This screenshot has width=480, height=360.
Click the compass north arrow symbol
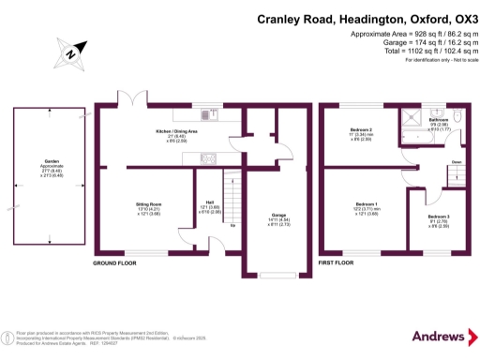pyautogui.click(x=71, y=54)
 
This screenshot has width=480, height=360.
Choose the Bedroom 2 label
pyautogui.click(x=361, y=129)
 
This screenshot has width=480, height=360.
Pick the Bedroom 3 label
pyautogui.click(x=439, y=217)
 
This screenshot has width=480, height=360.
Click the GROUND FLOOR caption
pyautogui.click(x=115, y=265)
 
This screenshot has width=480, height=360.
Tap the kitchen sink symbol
pyautogui.click(x=208, y=115)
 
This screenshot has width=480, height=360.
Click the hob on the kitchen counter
pyautogui.click(x=207, y=156)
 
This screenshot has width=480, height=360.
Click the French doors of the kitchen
pyautogui.click(x=126, y=101)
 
